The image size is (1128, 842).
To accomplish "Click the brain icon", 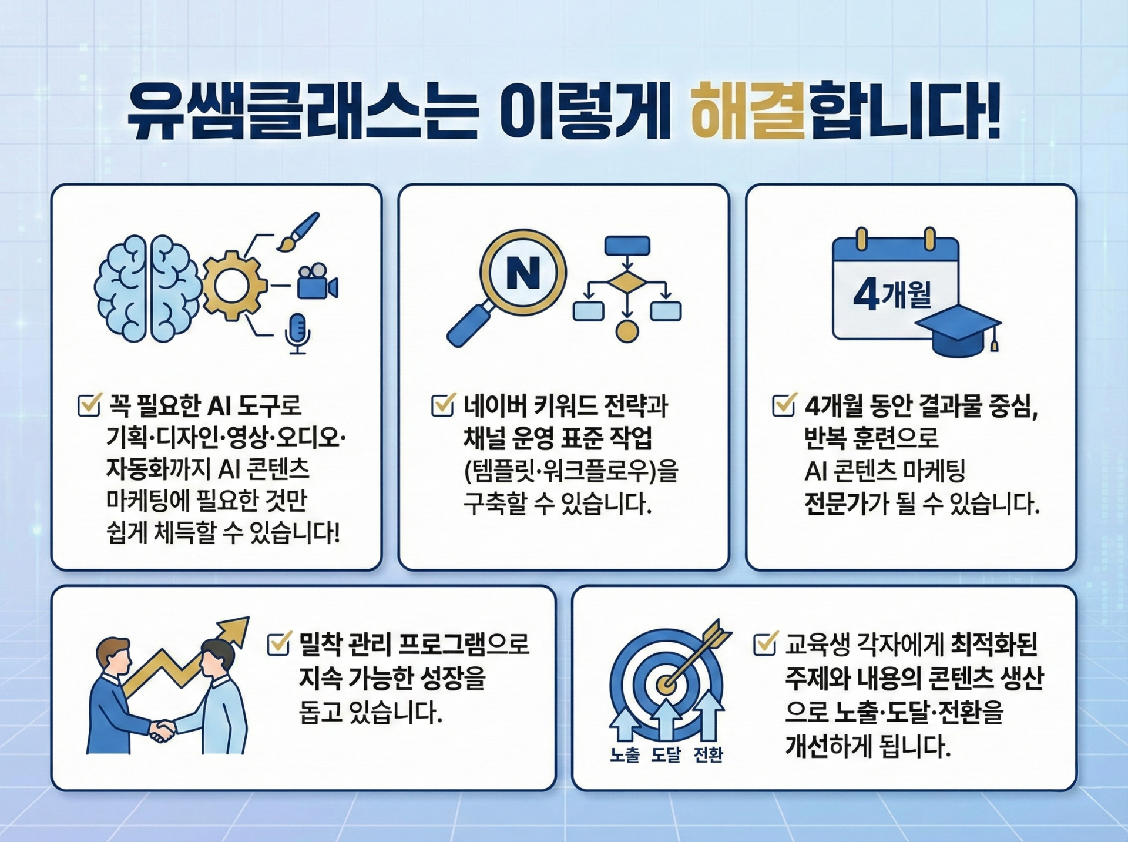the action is pyautogui.click(x=147, y=289).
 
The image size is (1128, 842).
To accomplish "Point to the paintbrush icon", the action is pyautogui.click(x=298, y=231).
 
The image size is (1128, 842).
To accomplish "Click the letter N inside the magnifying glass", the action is pyautogui.click(x=523, y=273).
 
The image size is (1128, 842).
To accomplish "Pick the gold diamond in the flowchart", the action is pyautogui.click(x=627, y=283).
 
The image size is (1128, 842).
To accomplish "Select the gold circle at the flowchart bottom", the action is pyautogui.click(x=627, y=331).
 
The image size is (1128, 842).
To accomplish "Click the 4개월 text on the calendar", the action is pyautogui.click(x=892, y=294).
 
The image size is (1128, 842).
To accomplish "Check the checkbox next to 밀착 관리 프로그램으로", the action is pyautogui.click(x=279, y=643).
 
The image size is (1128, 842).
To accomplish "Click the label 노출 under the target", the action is pyautogui.click(x=625, y=754).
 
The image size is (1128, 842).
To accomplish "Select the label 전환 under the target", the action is pyautogui.click(x=708, y=754).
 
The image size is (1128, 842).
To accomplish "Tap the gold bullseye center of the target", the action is pyautogui.click(x=666, y=684).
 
